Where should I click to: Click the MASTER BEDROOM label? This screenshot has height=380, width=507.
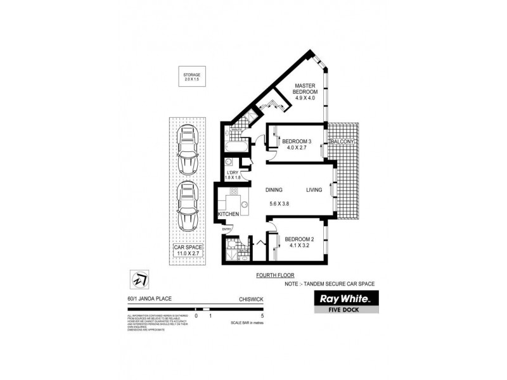tap(304, 92)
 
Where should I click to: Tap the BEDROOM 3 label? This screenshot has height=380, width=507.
tap(297, 141)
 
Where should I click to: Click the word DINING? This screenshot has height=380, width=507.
tap(274, 189)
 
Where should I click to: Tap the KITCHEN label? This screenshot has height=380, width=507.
tap(228, 215)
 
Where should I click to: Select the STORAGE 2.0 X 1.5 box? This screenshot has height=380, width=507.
tap(191, 77)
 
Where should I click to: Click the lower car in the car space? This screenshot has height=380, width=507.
tap(188, 207)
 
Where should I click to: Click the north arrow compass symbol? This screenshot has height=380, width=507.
tap(139, 277)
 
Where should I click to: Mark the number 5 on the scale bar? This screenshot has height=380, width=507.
tap(262, 315)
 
